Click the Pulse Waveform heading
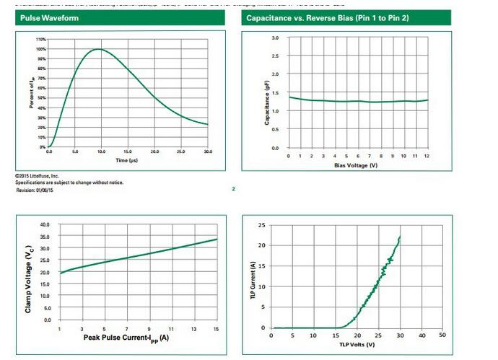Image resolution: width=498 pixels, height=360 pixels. [x=45, y=17]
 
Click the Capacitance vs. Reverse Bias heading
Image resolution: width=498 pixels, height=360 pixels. [x=328, y=17]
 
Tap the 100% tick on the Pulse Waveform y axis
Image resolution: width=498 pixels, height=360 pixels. [x=40, y=49]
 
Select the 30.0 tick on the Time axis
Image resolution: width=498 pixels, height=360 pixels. [x=208, y=152]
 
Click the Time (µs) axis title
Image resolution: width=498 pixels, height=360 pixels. [x=127, y=159]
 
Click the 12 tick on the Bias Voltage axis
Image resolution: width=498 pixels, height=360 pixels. [x=428, y=156]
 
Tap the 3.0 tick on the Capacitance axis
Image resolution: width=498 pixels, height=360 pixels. [x=275, y=38]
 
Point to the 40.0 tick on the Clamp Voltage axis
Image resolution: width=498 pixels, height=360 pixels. [x=45, y=225]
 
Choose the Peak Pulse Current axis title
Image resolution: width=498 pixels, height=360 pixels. [x=126, y=337]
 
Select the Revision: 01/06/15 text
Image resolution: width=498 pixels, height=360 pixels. [x=36, y=189]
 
